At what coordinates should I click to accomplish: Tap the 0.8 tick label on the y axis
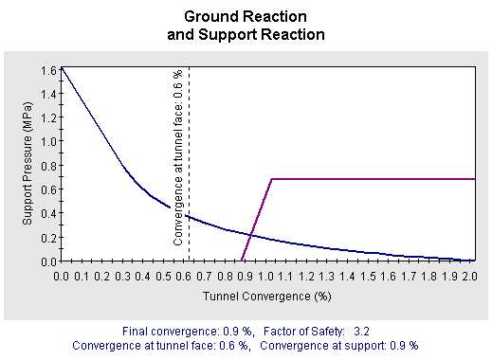[x=47, y=165]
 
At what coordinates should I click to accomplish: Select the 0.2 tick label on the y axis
[x=47, y=237]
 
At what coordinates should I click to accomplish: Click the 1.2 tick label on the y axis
[x=47, y=117]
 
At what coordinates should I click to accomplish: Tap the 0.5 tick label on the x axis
[x=165, y=276]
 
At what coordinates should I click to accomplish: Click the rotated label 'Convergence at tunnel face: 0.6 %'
[x=178, y=157]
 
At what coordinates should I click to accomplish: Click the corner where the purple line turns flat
[x=272, y=178]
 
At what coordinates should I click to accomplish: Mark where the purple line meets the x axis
[x=243, y=261]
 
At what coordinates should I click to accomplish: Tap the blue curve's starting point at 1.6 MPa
[x=63, y=68]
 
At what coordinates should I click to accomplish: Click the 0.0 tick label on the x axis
[x=63, y=276]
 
